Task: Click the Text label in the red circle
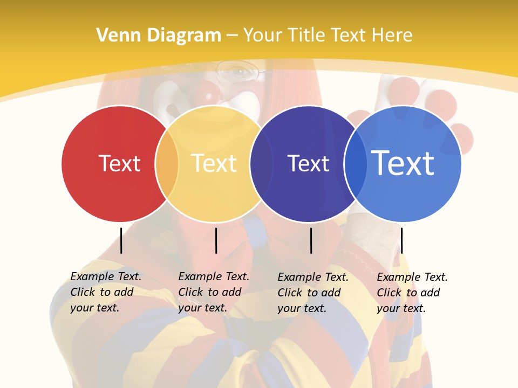pyautogui.click(x=119, y=163)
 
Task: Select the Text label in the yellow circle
pyautogui.click(x=214, y=163)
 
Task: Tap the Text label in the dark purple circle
pyautogui.click(x=308, y=163)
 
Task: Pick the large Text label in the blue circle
pyautogui.click(x=403, y=163)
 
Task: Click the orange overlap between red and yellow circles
pyautogui.click(x=167, y=164)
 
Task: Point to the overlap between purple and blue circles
pyautogui.click(x=356, y=164)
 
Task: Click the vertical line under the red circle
pyautogui.click(x=121, y=240)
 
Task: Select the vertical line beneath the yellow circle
pyautogui.click(x=216, y=240)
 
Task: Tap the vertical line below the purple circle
pyautogui.click(x=311, y=240)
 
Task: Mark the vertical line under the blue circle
pyautogui.click(x=401, y=240)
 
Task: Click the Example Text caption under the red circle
pyautogui.click(x=105, y=292)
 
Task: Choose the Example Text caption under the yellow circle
pyautogui.click(x=213, y=292)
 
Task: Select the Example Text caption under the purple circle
pyautogui.click(x=312, y=293)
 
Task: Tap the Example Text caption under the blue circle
pyautogui.click(x=412, y=293)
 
